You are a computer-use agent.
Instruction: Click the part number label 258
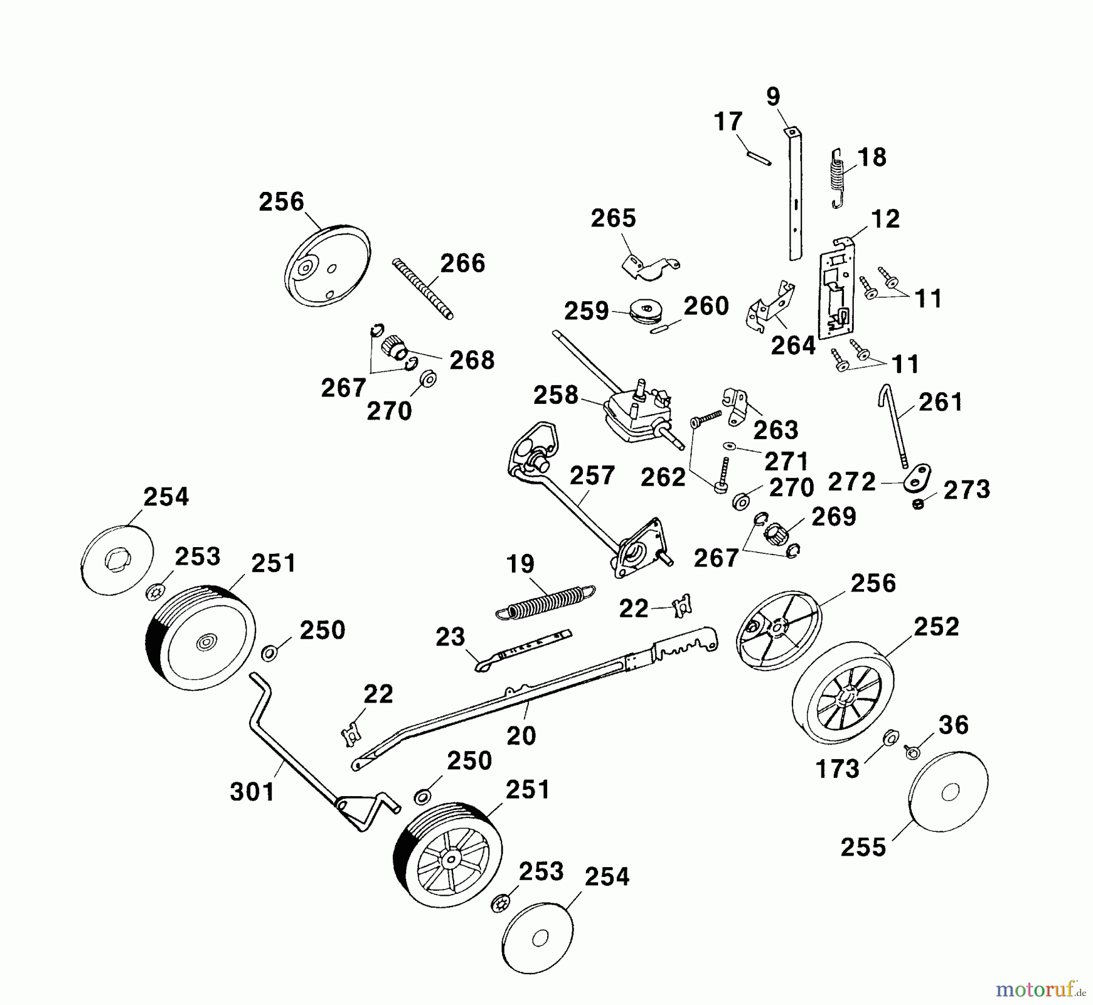556,395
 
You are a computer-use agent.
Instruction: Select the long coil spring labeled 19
546,601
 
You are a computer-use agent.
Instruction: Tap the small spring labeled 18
838,176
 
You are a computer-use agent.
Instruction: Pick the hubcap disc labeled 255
948,792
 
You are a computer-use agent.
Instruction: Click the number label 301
252,792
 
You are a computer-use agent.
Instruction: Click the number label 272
851,482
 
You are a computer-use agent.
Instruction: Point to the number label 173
837,769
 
